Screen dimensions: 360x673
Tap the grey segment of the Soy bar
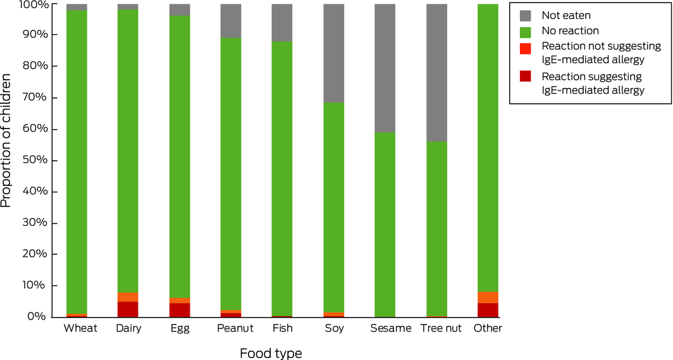(x=334, y=53)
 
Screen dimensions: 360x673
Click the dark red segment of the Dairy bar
(x=128, y=309)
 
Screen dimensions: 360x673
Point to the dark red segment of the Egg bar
(x=180, y=310)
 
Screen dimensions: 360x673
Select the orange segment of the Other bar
(x=488, y=297)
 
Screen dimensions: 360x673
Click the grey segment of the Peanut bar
(x=231, y=21)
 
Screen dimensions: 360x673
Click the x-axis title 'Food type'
(x=270, y=352)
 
